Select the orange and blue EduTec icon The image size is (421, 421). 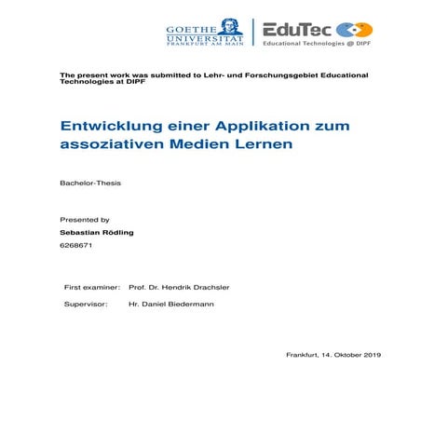click(x=353, y=30)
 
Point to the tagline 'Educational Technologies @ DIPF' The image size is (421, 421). click(x=317, y=44)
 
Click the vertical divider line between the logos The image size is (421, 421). click(x=252, y=32)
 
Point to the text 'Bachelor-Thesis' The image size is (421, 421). click(x=90, y=183)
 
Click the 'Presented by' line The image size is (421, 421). click(x=85, y=219)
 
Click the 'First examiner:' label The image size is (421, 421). click(x=91, y=287)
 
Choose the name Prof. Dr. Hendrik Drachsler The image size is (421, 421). click(x=179, y=287)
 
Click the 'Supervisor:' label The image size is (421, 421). click(x=85, y=304)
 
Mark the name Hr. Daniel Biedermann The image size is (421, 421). click(x=170, y=304)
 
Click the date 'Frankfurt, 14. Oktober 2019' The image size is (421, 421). click(x=333, y=355)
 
